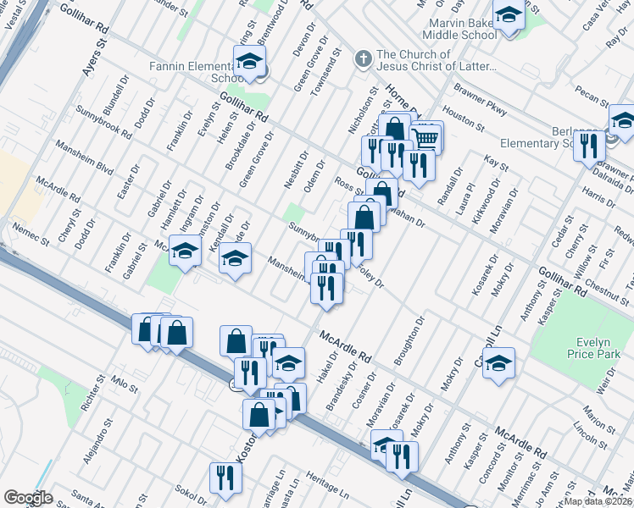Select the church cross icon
click(364, 59)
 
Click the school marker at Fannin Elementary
click(249, 62)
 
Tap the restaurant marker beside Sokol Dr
click(225, 478)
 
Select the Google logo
click(28, 498)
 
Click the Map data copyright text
click(598, 501)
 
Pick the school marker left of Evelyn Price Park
click(499, 364)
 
